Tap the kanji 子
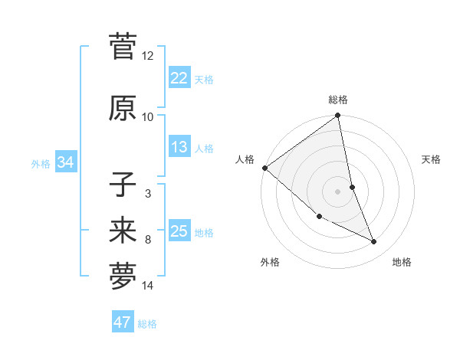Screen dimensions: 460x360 pyautogui.click(x=123, y=185)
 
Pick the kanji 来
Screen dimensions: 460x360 pyautogui.click(x=123, y=230)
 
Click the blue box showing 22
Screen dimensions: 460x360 pyautogui.click(x=179, y=78)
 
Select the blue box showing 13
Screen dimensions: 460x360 pyautogui.click(x=179, y=147)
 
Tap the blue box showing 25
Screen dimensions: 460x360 pyautogui.click(x=179, y=231)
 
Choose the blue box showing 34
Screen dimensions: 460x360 pyautogui.click(x=65, y=162)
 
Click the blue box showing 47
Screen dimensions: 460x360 pyautogui.click(x=122, y=322)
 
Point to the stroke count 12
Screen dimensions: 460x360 pyautogui.click(x=147, y=55)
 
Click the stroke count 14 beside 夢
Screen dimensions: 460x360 pyautogui.click(x=147, y=286)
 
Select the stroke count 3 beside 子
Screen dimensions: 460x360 pyautogui.click(x=147, y=193)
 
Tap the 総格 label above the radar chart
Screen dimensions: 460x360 pyautogui.click(x=337, y=100)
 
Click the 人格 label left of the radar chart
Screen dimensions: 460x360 pyautogui.click(x=245, y=159)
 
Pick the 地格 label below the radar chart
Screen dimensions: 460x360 pyautogui.click(x=402, y=262)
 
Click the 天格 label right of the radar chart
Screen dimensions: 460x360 pyautogui.click(x=432, y=159)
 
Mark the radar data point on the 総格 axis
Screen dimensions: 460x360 pyautogui.click(x=337, y=116)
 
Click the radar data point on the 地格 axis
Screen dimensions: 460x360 pyautogui.click(x=374, y=242)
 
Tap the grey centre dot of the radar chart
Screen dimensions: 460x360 pyautogui.click(x=337, y=191)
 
